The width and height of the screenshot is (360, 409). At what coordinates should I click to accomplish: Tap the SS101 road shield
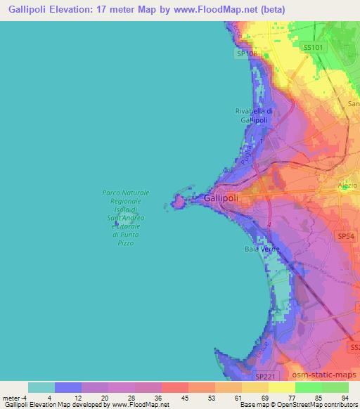pyautogui.click(x=313, y=47)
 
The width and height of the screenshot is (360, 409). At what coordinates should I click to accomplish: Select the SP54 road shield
pyautogui.click(x=345, y=238)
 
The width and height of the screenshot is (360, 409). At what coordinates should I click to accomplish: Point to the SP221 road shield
pyautogui.click(x=263, y=377)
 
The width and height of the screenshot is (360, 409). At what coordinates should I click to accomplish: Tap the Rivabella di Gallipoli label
pyautogui.click(x=254, y=116)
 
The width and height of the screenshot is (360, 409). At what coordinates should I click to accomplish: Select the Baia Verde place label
pyautogui.click(x=262, y=250)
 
